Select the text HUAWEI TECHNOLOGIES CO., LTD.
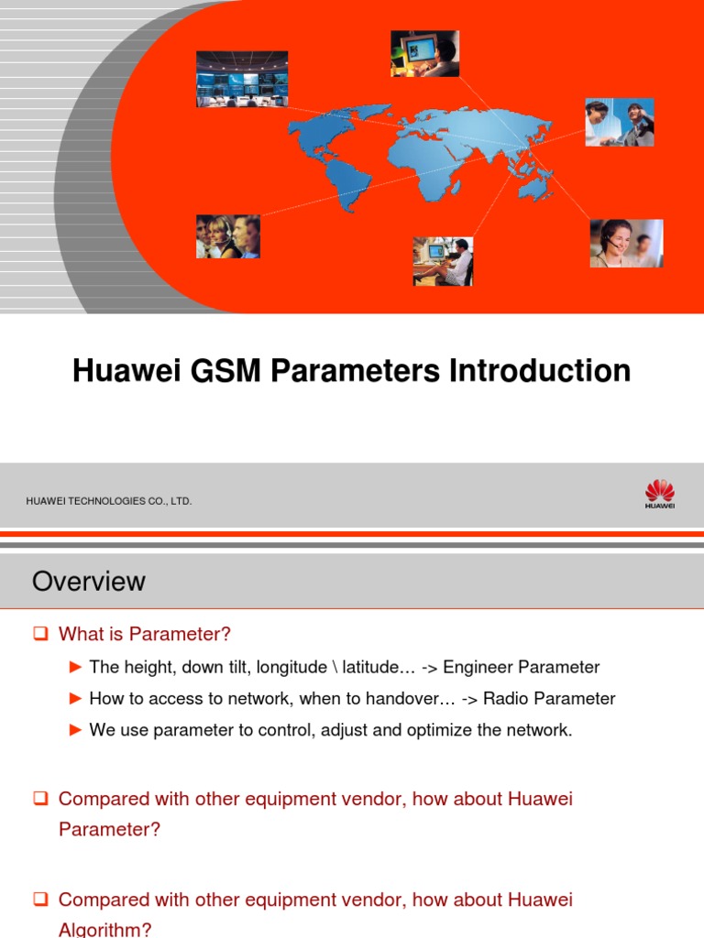(109, 501)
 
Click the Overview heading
(88, 581)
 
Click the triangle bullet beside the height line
(76, 667)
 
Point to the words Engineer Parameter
(522, 667)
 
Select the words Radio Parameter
(549, 699)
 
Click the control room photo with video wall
(242, 79)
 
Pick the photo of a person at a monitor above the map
(424, 53)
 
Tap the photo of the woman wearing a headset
(625, 243)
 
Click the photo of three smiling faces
(227, 235)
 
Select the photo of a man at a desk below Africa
(443, 261)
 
